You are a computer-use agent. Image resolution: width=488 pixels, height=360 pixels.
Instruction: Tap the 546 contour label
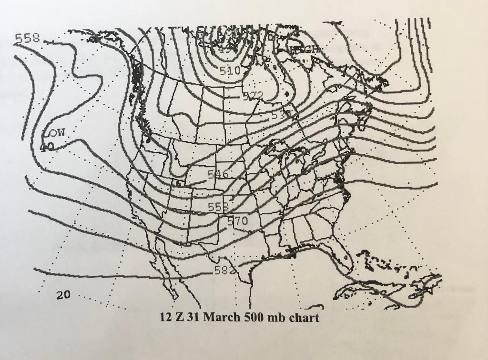tap(218, 175)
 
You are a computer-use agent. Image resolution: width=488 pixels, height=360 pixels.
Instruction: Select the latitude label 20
tap(64, 295)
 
